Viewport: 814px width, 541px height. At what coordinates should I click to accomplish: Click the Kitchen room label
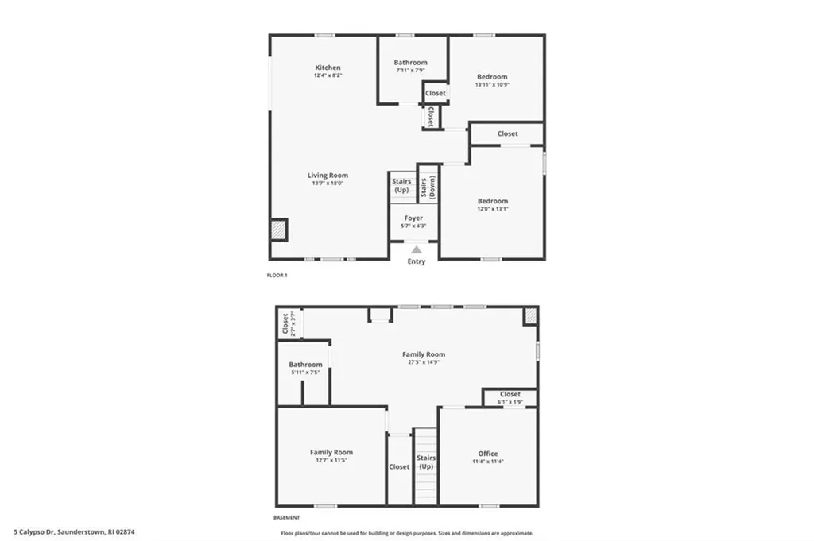point(328,68)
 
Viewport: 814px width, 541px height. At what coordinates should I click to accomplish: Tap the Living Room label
point(328,176)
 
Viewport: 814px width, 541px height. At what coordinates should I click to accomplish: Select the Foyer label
point(413,218)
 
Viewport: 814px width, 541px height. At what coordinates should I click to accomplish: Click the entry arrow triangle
point(416,249)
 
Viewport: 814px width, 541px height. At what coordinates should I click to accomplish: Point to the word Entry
point(416,261)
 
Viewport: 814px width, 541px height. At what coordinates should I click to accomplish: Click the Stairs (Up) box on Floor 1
point(401,186)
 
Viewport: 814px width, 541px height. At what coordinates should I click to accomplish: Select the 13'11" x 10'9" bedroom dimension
point(492,85)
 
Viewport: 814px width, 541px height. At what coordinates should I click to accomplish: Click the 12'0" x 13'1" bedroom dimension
point(492,210)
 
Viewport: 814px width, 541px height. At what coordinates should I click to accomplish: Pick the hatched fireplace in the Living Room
point(279,230)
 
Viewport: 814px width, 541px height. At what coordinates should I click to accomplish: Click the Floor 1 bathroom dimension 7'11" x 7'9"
point(410,71)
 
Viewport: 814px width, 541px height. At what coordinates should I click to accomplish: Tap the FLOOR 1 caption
point(277,276)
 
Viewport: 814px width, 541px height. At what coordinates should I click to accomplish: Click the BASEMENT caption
point(287,517)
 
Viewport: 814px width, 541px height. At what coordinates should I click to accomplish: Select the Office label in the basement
point(487,454)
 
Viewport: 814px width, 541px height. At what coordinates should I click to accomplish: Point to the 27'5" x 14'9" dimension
point(423,362)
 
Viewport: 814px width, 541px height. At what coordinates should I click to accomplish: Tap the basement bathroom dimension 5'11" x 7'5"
point(305,373)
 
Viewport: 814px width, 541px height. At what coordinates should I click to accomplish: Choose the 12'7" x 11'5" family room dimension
point(331,461)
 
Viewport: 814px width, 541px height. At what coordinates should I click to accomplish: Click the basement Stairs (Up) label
point(426,462)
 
